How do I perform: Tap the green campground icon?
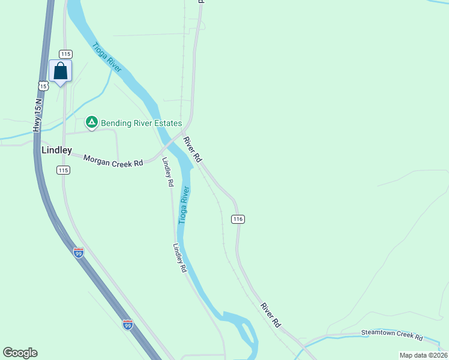91,123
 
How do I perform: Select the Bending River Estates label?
141,124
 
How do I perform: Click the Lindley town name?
56,150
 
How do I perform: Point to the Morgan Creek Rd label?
113,160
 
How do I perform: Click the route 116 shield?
238,219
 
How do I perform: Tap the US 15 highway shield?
43,86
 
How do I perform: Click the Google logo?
20,353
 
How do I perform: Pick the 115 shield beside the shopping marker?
65,54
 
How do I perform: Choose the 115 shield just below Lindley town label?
64,170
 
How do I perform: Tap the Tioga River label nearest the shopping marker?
107,57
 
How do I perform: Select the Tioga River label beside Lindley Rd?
184,205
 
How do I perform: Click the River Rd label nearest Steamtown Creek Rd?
271,314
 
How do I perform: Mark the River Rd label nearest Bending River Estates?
192,149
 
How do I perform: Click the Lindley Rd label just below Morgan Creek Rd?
169,175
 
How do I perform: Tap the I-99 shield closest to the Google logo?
128,325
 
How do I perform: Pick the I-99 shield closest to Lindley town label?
79,253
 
